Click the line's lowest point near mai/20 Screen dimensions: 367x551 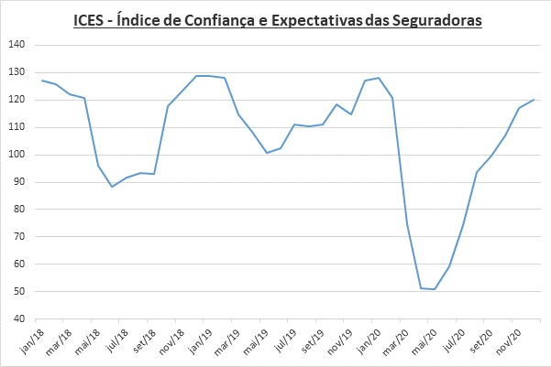click(435, 289)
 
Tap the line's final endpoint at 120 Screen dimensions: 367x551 click(534, 100)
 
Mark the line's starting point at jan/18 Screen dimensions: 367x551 click(41, 81)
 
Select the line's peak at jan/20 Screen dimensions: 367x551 click(379, 78)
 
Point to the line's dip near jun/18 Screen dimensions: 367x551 click(112, 187)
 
